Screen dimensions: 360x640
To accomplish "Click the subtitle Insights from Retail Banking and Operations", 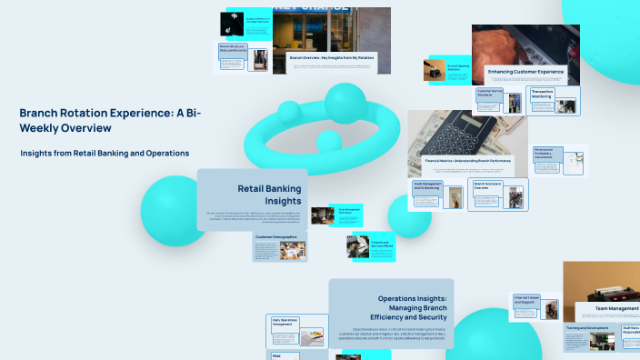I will tap(105, 153).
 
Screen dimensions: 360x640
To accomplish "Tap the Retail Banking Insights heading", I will tap(269, 195).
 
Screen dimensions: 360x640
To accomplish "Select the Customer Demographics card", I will tap(280, 246).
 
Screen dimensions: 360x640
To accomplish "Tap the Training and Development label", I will tap(586, 327).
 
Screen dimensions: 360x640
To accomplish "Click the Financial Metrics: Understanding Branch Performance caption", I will tap(467, 160).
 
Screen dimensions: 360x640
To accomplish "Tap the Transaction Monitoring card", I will tap(553, 101).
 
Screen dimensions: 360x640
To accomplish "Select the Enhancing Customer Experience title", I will tap(525, 71).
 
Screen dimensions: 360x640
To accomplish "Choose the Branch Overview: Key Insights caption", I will tap(331, 57).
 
